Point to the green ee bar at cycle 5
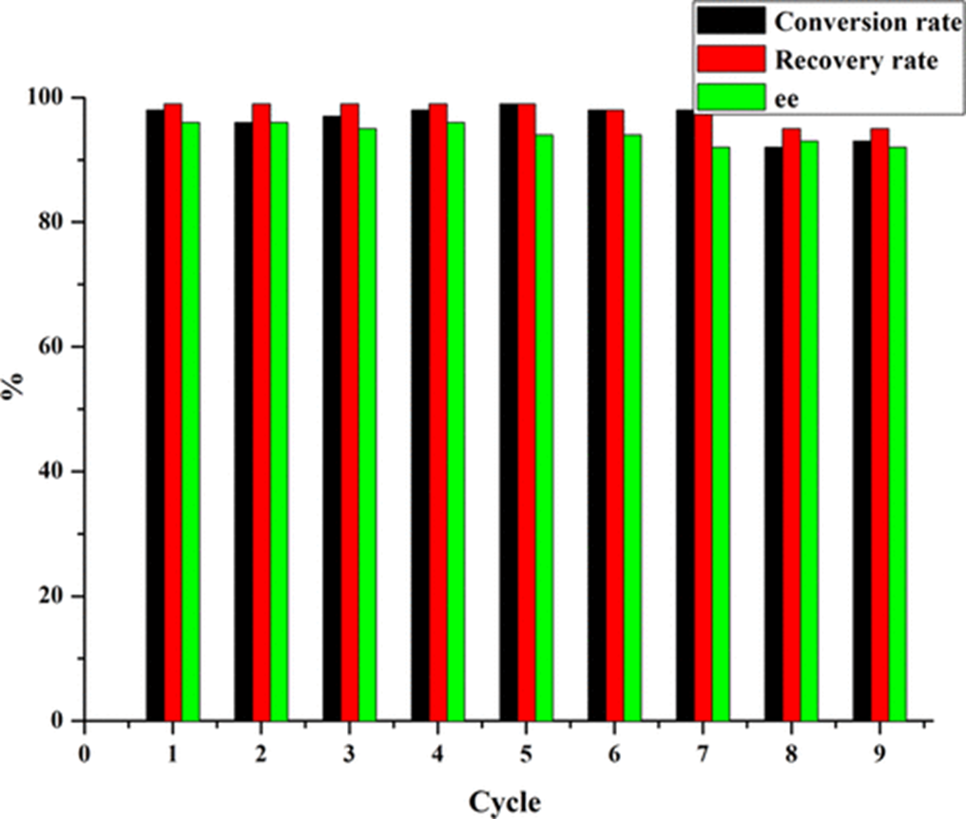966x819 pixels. (x=544, y=428)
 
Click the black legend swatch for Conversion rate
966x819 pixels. (x=731, y=20)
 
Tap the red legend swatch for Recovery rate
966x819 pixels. (x=731, y=60)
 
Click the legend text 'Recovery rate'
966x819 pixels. (x=857, y=61)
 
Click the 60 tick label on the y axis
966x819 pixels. (x=61, y=347)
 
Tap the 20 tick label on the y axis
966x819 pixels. (x=61, y=596)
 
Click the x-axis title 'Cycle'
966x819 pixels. (x=508, y=802)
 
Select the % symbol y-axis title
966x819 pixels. (x=16, y=390)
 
